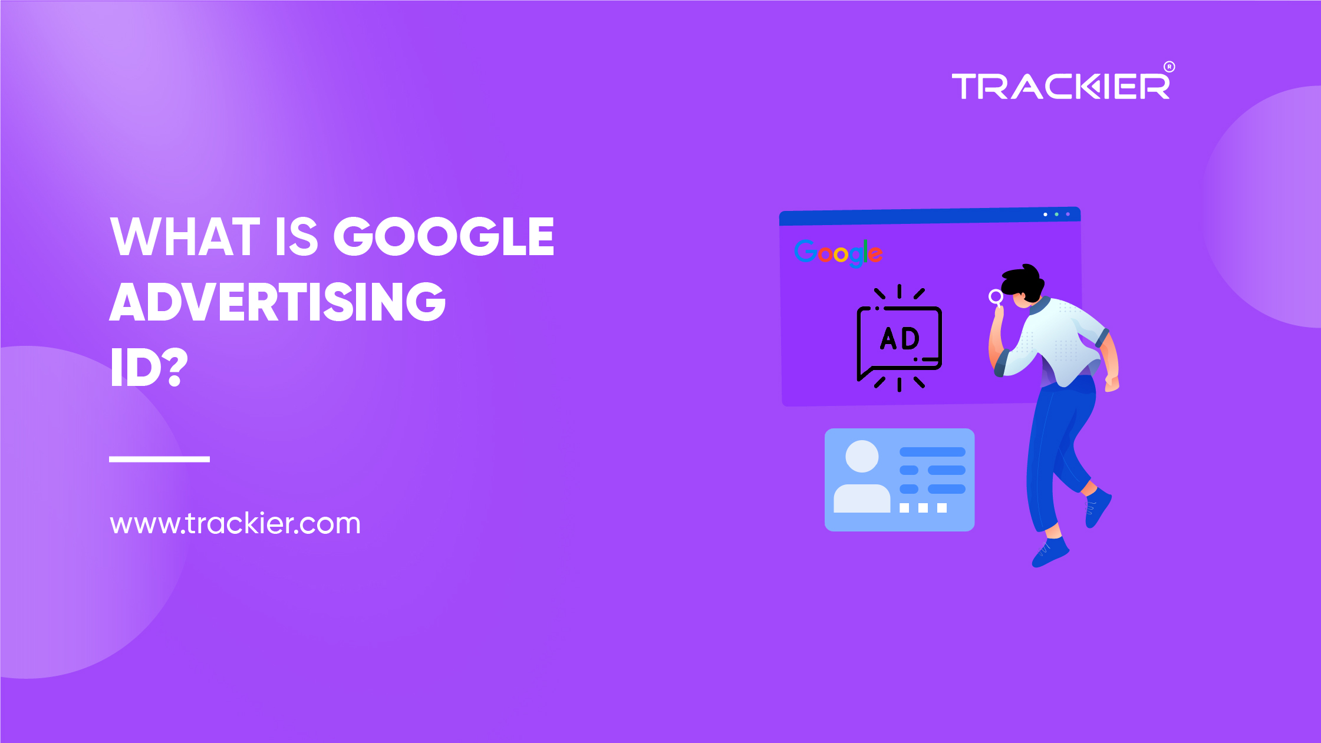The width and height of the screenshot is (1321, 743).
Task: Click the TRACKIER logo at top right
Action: (1060, 87)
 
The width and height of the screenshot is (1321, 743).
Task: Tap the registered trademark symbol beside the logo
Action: (1169, 67)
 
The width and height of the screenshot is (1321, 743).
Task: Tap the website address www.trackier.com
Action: (235, 523)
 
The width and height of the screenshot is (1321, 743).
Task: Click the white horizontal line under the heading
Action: (159, 459)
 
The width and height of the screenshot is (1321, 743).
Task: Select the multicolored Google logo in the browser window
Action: (838, 253)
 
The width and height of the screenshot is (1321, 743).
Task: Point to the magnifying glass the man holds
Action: (996, 296)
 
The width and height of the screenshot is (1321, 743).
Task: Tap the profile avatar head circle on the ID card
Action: (862, 456)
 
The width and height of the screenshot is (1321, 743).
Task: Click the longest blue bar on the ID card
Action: (932, 452)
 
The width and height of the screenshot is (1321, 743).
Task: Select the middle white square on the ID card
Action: (923, 508)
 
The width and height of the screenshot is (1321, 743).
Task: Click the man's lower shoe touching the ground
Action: (1050, 553)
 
